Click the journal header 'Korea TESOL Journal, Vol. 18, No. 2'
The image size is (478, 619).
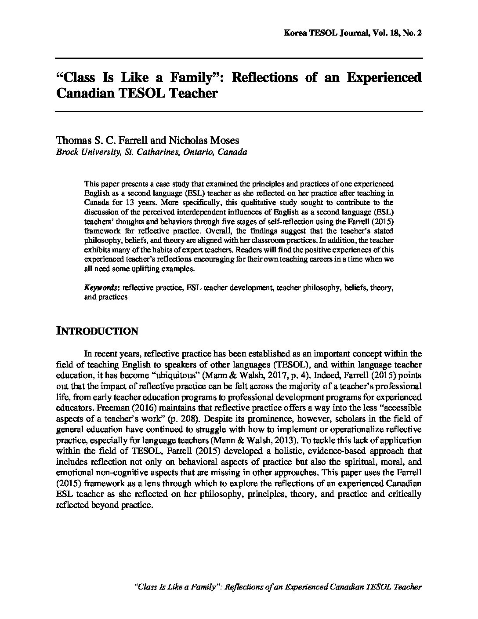353,33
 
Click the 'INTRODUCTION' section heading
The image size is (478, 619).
97,331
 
